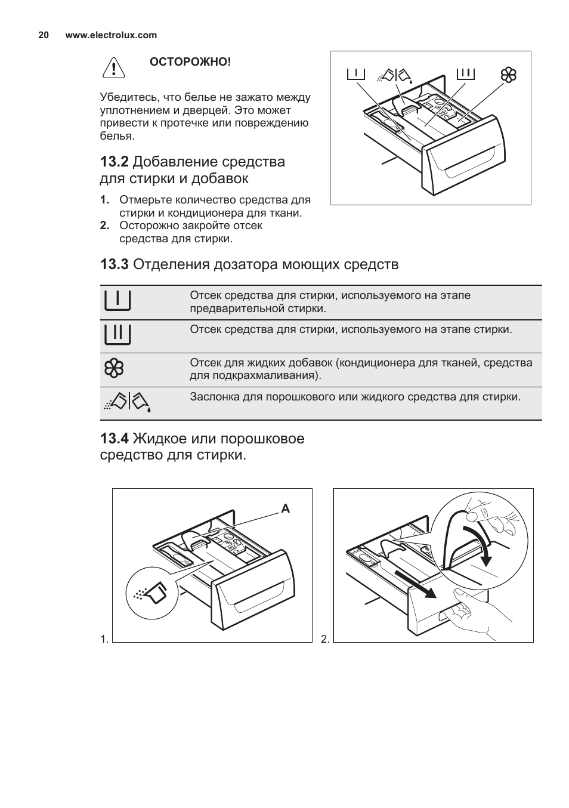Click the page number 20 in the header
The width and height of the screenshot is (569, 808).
[43, 35]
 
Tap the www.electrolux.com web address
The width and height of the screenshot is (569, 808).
[111, 35]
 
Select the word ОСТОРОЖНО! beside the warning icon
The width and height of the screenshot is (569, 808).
[190, 62]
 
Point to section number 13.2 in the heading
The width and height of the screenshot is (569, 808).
[115, 162]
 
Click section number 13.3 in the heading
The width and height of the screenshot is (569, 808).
[115, 264]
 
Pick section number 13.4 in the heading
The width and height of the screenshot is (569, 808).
[115, 439]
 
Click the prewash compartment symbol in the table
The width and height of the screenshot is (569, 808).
[117, 301]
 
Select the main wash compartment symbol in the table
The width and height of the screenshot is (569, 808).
[117, 335]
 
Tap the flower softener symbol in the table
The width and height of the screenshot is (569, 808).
[114, 369]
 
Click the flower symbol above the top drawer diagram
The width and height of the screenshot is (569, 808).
[508, 75]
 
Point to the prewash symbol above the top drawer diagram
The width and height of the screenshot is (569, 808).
[355, 74]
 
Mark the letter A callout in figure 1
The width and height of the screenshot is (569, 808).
[285, 509]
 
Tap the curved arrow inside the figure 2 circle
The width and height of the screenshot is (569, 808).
[481, 544]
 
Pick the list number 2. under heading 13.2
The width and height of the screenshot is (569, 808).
[105, 226]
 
